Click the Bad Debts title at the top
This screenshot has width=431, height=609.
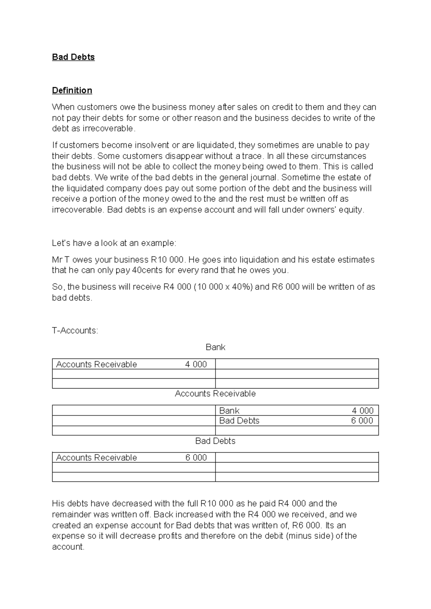click(x=73, y=57)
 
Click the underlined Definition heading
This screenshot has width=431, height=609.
click(x=72, y=90)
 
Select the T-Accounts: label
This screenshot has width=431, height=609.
click(x=75, y=330)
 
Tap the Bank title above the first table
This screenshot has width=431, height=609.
click(x=215, y=347)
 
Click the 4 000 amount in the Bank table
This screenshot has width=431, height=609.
click(x=196, y=364)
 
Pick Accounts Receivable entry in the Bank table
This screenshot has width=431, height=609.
click(x=96, y=364)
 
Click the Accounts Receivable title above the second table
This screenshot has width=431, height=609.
click(x=215, y=394)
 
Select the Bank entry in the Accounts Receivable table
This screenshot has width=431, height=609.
click(x=229, y=410)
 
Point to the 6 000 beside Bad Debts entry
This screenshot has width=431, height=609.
click(x=362, y=420)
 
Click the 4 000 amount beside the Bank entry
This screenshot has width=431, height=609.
click(x=362, y=410)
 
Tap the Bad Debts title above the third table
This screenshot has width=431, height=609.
click(x=215, y=441)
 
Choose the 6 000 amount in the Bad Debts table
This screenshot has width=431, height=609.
click(x=196, y=457)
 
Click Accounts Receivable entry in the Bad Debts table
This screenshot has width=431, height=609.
click(x=96, y=457)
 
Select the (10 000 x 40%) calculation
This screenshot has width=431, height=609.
click(x=223, y=287)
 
